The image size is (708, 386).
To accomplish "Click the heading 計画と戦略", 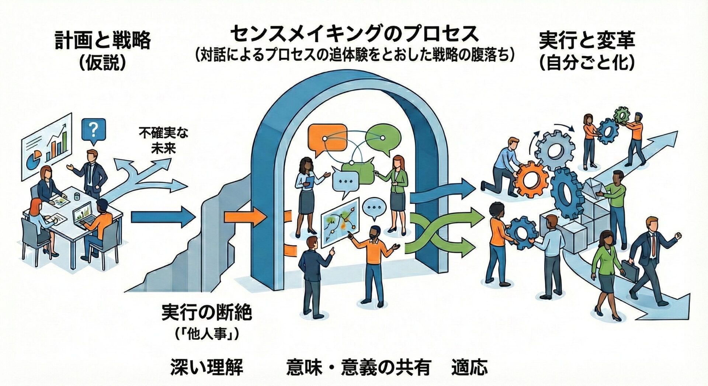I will coord(103,41).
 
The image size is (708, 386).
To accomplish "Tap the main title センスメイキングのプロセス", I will coord(354,34).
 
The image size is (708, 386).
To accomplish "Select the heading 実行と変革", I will coord(587,41).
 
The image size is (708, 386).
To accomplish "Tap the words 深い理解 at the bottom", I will coord(206,367).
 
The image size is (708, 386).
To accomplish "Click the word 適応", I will coord(469,367).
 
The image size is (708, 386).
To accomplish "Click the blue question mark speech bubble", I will coord(94,129).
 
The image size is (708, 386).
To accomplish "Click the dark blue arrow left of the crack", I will coord(162,217).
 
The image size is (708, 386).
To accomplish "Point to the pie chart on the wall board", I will coord(35,158).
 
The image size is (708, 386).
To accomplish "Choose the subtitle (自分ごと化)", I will coord(587,63).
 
